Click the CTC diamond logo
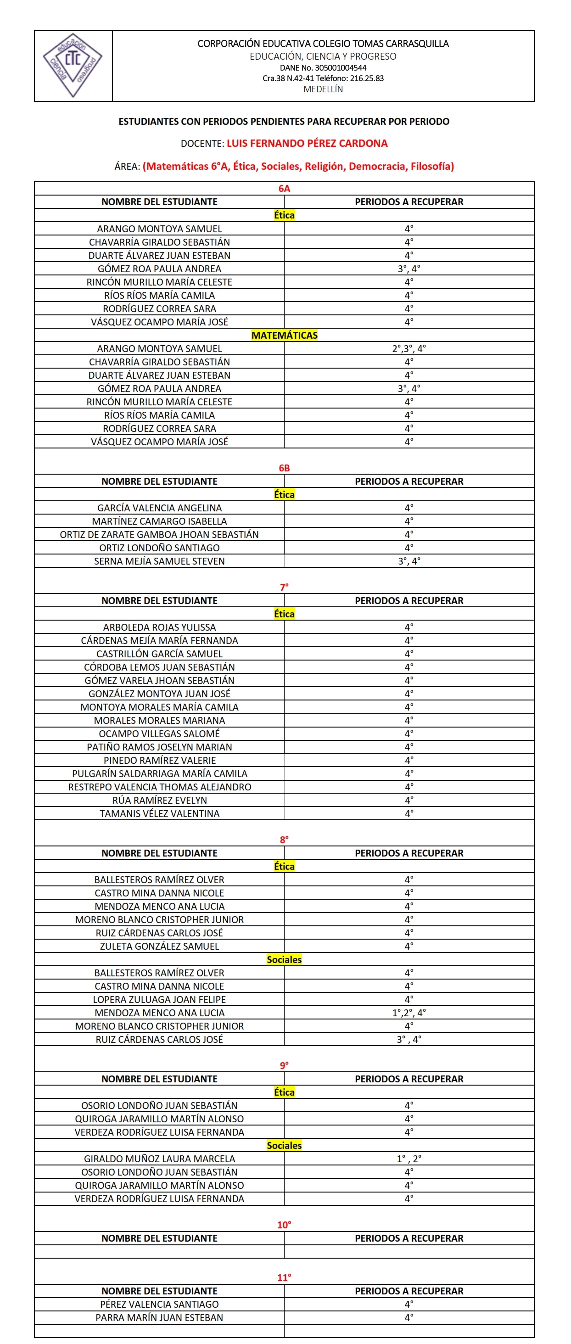pos(73,66)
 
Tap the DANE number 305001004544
pos(323,68)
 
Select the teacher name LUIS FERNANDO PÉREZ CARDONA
pos(307,144)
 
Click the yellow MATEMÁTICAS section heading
pos(284,336)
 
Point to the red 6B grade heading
pos(284,468)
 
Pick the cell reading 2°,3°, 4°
pos(409,348)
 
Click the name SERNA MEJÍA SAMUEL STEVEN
pos(159,561)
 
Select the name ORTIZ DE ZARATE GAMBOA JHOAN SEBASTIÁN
pos(159,535)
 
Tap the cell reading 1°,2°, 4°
pos(409,1013)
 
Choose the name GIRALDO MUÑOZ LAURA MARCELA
pos(159,1159)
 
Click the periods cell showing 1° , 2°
pos(409,1159)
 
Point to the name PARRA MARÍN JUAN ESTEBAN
pos(159,1317)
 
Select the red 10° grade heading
pos(284,1225)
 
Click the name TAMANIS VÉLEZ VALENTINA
pos(159,813)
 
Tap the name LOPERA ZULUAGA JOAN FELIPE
pos(159,1000)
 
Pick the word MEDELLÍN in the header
pos(323,89)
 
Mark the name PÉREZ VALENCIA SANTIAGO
pos(159,1305)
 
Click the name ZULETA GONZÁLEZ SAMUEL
pos(159,946)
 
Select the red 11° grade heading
pos(284,1277)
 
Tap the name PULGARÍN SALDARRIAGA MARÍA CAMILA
pos(159,774)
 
